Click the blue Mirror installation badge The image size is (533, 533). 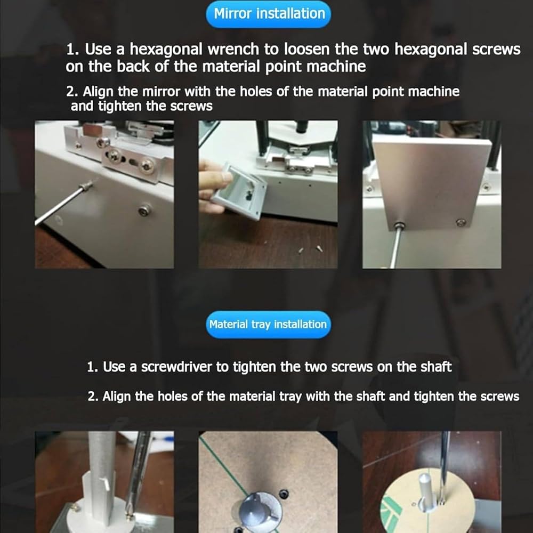268,14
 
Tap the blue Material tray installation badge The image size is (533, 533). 268,324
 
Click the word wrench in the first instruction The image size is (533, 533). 233,49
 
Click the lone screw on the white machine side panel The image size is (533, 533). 145,211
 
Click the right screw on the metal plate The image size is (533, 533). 461,223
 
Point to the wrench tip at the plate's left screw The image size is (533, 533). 398,226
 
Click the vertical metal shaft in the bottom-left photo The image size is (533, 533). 102,476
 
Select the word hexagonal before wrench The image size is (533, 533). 166,50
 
